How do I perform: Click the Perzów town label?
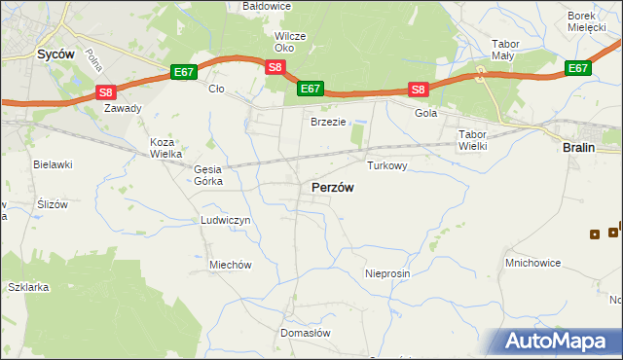pyautogui.click(x=332, y=187)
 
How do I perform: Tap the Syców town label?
pyautogui.click(x=56, y=54)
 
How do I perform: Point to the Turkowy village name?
pyautogui.click(x=386, y=166)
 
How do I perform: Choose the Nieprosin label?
pyautogui.click(x=387, y=274)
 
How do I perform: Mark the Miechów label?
pyautogui.click(x=231, y=265)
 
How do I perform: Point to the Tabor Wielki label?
pyautogui.click(x=472, y=139)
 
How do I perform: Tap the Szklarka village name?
pyautogui.click(x=27, y=288)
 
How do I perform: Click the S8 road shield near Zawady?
pyautogui.click(x=106, y=92)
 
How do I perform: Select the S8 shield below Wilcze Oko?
pyautogui.click(x=275, y=67)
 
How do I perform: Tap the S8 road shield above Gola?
pyautogui.click(x=418, y=90)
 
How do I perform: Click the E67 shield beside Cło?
pyautogui.click(x=184, y=72)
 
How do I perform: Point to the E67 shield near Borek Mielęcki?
pyautogui.click(x=578, y=68)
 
